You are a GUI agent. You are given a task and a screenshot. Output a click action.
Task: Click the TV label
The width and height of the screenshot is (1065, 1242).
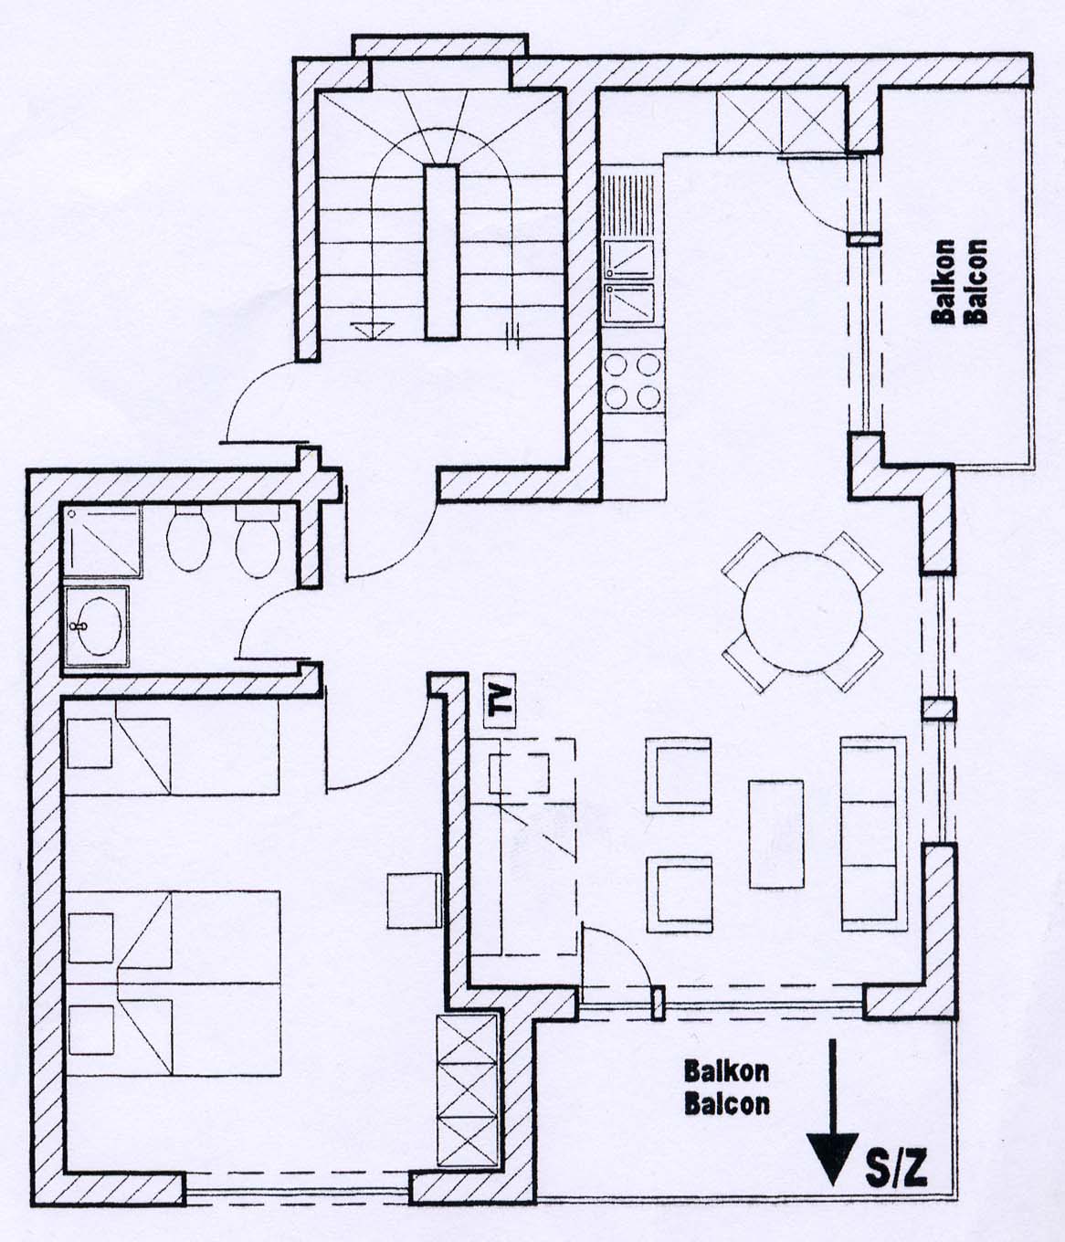tap(500, 701)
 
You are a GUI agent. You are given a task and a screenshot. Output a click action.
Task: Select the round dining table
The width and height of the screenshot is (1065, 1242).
tap(802, 612)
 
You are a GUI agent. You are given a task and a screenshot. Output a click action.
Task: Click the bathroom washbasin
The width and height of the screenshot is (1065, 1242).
tap(96, 626)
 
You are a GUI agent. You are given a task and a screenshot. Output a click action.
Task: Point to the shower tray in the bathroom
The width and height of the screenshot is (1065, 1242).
tap(102, 542)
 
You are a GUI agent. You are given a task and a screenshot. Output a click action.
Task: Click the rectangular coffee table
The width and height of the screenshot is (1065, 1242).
tap(775, 834)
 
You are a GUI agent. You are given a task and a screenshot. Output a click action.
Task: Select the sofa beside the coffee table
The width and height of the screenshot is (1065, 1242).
tap(873, 834)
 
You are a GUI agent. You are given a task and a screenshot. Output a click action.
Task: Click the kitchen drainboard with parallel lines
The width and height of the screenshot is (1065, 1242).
tap(629, 205)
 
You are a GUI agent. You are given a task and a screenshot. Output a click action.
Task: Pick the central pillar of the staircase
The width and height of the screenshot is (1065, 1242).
tap(442, 252)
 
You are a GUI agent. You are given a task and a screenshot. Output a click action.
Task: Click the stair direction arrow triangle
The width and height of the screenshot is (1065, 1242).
tap(372, 331)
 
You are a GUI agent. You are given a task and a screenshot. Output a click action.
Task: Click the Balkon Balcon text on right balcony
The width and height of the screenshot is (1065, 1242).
tap(959, 282)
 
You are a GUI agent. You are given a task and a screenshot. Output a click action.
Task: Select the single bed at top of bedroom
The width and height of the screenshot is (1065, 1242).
tap(172, 747)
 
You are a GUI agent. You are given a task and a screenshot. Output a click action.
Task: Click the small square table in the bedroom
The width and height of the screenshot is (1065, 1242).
tap(414, 900)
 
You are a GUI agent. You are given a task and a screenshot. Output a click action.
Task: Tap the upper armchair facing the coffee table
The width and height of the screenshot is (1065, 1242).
tap(679, 775)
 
